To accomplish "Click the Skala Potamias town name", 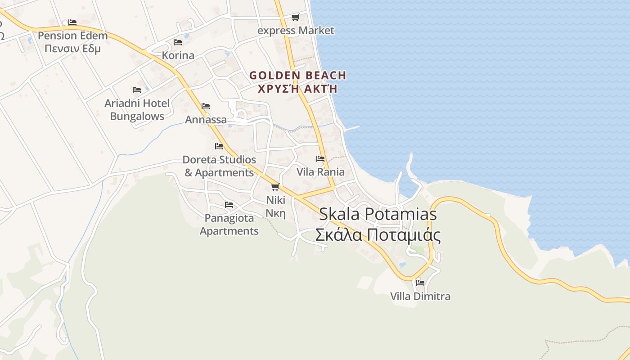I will pyautogui.click(x=378, y=214).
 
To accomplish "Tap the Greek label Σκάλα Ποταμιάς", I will pyautogui.click(x=378, y=235).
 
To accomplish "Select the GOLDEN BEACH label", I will pyautogui.click(x=298, y=75).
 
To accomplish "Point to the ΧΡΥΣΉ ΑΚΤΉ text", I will pyautogui.click(x=298, y=88).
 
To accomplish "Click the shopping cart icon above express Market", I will pyautogui.click(x=295, y=18).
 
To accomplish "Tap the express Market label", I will pyautogui.click(x=296, y=31).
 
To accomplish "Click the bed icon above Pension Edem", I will pyautogui.click(x=72, y=22).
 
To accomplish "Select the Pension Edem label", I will pyautogui.click(x=72, y=36).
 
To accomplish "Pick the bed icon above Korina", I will pyautogui.click(x=178, y=42).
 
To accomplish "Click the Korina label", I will pyautogui.click(x=178, y=55).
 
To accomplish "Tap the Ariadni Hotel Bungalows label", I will pyautogui.click(x=137, y=110).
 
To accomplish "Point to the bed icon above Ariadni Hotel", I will pyautogui.click(x=137, y=90).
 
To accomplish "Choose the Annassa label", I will pyautogui.click(x=206, y=120).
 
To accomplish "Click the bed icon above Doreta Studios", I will pyautogui.click(x=219, y=146).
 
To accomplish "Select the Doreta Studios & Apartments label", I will pyautogui.click(x=219, y=166).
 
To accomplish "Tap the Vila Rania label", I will pyautogui.click(x=320, y=172).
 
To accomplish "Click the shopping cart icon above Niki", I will pyautogui.click(x=275, y=187).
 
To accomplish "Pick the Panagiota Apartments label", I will pyautogui.click(x=229, y=225).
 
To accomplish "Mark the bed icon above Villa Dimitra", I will pyautogui.click(x=420, y=283).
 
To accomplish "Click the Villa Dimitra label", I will pyautogui.click(x=420, y=297).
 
